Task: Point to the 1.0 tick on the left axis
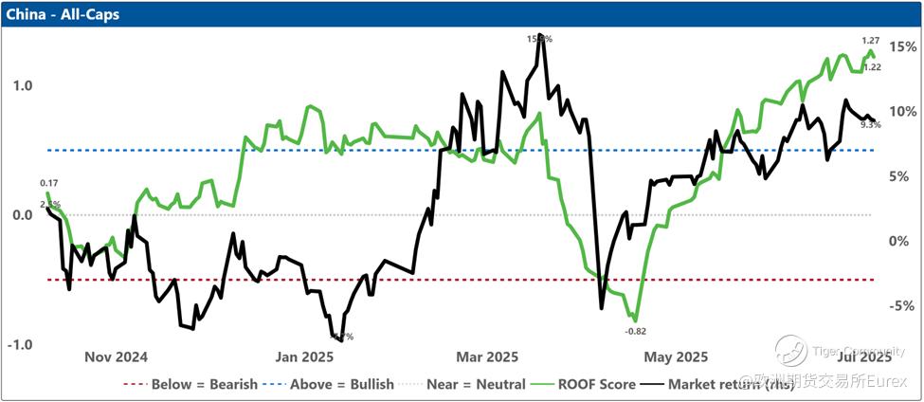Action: pos(21,85)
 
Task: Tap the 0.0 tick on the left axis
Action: pos(21,215)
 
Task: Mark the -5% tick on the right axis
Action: pos(899,305)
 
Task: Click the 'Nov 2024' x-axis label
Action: pos(116,357)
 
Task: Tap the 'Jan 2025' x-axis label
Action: pos(302,357)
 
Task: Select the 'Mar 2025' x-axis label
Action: pos(486,357)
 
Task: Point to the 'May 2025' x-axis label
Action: pos(676,357)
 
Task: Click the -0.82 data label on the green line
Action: pos(635,331)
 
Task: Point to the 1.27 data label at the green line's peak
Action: pos(871,41)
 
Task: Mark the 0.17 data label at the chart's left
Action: pos(49,182)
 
